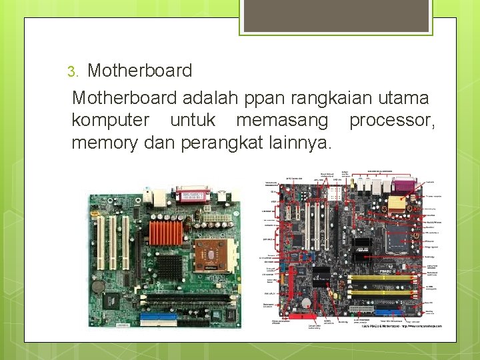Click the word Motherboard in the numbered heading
pyautogui.click(x=140, y=71)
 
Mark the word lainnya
pyautogui.click(x=299, y=143)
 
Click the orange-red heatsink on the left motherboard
pyautogui.click(x=165, y=234)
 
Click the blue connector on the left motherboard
pyautogui.click(x=159, y=318)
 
